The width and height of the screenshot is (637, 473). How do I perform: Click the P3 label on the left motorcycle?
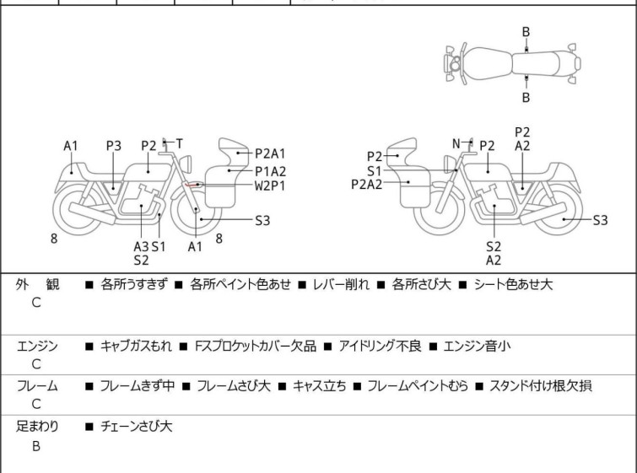click(x=114, y=146)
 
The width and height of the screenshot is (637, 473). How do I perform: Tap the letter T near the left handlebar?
click(x=179, y=143)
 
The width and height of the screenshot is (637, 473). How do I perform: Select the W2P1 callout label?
click(x=270, y=185)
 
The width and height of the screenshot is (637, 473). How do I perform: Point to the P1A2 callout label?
click(x=271, y=171)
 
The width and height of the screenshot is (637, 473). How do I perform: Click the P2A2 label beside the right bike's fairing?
click(x=367, y=185)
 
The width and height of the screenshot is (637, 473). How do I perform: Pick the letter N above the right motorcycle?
click(x=456, y=143)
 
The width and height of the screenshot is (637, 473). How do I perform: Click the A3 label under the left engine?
click(x=142, y=246)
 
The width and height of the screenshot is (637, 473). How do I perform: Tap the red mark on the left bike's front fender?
click(x=191, y=185)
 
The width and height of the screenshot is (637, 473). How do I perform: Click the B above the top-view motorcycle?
click(x=526, y=32)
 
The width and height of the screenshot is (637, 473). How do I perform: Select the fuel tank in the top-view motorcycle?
click(x=488, y=63)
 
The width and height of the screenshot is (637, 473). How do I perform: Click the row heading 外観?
click(x=37, y=284)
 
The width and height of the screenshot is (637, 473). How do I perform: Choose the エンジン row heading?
click(x=37, y=346)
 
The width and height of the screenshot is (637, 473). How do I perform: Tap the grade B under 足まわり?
click(x=36, y=446)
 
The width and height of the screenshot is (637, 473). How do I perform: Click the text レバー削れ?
click(x=341, y=284)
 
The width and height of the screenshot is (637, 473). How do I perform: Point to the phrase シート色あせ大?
click(x=513, y=284)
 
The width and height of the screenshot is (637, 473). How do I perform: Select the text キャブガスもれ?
click(x=136, y=346)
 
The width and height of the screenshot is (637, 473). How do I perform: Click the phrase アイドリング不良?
click(x=380, y=346)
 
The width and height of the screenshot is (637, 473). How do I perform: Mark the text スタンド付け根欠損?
click(x=540, y=385)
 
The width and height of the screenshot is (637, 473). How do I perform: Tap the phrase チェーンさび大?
click(x=136, y=427)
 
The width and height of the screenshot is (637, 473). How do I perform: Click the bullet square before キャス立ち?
click(x=283, y=386)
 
